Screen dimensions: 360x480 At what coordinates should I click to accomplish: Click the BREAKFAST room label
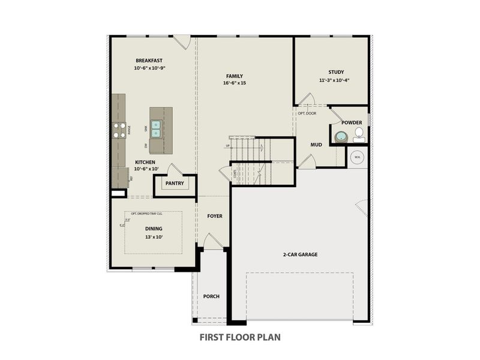pyautogui.click(x=149, y=61)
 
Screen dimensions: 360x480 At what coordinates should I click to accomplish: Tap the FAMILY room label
pyautogui.click(x=234, y=76)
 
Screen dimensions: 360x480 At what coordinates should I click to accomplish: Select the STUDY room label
pyautogui.click(x=335, y=72)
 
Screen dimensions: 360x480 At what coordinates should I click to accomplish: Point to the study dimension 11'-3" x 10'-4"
pyautogui.click(x=334, y=80)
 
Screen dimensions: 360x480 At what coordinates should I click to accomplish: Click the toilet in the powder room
pyautogui.click(x=359, y=133)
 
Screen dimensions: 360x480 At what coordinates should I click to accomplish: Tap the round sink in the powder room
pyautogui.click(x=342, y=136)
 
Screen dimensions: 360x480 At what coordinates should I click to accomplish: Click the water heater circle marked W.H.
pyautogui.click(x=357, y=157)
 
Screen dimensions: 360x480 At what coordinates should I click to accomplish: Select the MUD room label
pyautogui.click(x=316, y=145)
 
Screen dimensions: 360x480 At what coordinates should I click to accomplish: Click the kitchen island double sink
pyautogui.click(x=156, y=129)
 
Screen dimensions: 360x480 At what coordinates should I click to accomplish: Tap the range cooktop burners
pyautogui.click(x=118, y=130)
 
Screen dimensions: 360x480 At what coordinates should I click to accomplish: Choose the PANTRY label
pyautogui.click(x=175, y=184)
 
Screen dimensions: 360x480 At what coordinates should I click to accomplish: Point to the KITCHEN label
pyautogui.click(x=145, y=163)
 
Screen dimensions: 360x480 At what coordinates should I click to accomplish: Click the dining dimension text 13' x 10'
pyautogui.click(x=154, y=236)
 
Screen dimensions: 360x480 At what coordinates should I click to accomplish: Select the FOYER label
pyautogui.click(x=215, y=216)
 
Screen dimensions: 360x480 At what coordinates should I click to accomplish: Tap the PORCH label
pyautogui.click(x=211, y=296)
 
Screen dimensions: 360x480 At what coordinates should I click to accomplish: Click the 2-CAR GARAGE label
pyautogui.click(x=300, y=254)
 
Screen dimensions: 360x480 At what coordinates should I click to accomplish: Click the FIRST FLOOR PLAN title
pyautogui.click(x=240, y=337)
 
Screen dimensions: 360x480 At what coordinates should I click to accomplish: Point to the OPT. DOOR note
pyautogui.click(x=307, y=113)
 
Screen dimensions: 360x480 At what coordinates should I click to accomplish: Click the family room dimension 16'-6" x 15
pyautogui.click(x=235, y=83)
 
